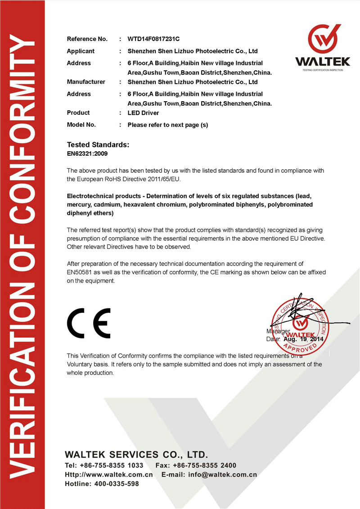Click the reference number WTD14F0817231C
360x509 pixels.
(x=154, y=39)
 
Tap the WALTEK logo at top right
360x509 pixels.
(x=322, y=47)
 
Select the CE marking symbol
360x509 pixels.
(x=89, y=323)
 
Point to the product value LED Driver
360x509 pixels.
(x=143, y=113)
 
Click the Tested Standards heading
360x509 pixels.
(x=98, y=145)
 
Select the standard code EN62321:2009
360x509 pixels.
(x=87, y=153)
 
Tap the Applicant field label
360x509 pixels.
(x=81, y=51)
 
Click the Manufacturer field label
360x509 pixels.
(x=86, y=82)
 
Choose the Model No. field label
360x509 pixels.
(x=81, y=125)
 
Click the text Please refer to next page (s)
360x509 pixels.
(x=168, y=125)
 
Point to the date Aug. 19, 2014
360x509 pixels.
(x=303, y=339)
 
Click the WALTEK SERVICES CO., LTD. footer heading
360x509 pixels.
(x=136, y=455)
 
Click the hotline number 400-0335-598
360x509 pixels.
(x=117, y=484)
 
